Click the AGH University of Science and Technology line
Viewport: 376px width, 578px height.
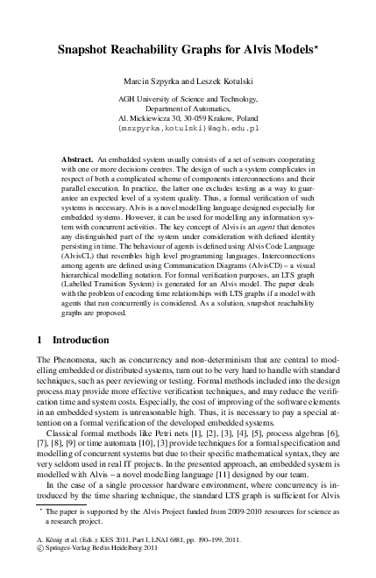188,101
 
